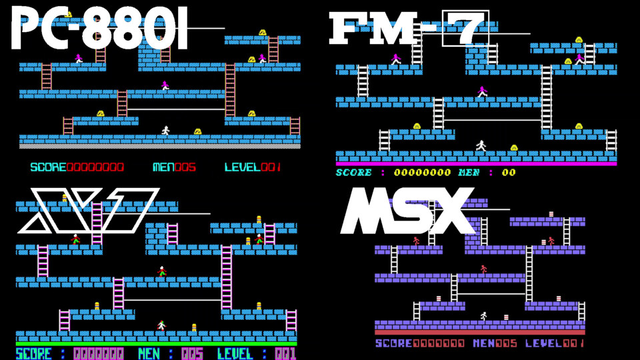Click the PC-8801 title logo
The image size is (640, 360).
point(99,30)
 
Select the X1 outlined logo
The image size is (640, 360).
point(88,210)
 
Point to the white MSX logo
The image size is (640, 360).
point(408,210)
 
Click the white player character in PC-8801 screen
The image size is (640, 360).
point(165,131)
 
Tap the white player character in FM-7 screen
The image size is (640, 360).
point(481,145)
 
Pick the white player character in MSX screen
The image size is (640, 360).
point(484,316)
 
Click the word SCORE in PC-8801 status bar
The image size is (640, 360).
point(48,167)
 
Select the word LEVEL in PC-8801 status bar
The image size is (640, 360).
point(243,167)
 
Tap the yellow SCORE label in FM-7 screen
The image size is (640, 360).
point(354,173)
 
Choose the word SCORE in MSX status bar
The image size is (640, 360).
point(393,343)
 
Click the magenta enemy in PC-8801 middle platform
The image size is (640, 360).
point(165,85)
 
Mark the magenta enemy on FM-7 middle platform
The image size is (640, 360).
point(482,91)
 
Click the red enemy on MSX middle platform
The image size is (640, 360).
point(484,269)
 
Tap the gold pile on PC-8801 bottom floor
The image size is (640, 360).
point(198,131)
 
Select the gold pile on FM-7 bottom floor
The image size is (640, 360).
point(514,147)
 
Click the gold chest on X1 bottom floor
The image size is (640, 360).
point(194,327)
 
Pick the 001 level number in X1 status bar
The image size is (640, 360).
point(285,353)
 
